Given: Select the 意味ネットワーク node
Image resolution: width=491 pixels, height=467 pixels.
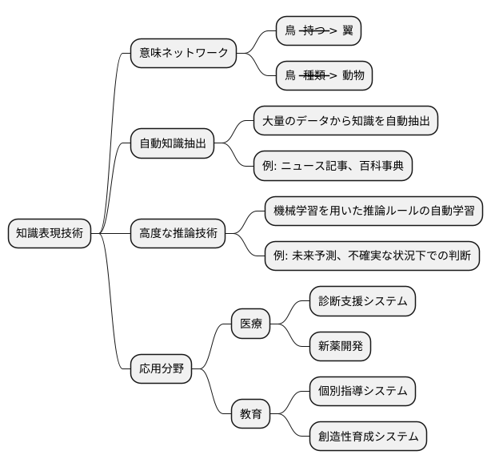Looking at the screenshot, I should click(183, 54).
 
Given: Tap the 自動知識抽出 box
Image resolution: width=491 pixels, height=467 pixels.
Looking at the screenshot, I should click(172, 144).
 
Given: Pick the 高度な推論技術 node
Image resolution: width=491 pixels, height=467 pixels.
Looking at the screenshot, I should click(178, 234).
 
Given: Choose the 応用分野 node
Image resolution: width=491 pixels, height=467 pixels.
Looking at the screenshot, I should click(161, 369).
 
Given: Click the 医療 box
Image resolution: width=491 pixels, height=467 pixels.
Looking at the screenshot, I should click(250, 324).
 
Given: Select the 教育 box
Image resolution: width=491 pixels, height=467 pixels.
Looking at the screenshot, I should click(250, 415).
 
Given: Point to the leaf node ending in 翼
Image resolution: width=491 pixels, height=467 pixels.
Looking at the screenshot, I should click(318, 31).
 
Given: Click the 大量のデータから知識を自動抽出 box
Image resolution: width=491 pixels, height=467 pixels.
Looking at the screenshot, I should click(345, 121).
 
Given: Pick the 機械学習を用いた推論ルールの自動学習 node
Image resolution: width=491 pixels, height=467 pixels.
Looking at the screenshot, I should click(373, 211).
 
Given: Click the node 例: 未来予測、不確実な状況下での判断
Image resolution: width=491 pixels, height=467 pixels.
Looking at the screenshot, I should click(373, 256).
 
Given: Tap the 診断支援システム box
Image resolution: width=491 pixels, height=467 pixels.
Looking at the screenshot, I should click(363, 302).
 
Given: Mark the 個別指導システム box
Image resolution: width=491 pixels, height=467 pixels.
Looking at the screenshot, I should click(363, 392).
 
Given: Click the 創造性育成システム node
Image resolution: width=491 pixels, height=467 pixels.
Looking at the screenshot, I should click(368, 437).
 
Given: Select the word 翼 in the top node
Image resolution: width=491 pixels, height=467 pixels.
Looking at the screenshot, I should click(347, 31).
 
